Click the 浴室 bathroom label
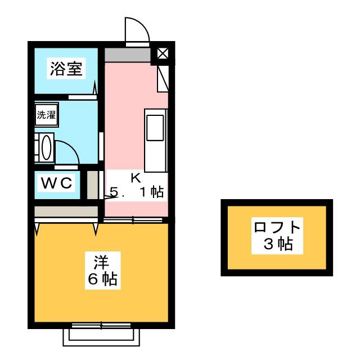(x=66, y=69)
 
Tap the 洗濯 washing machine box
(x=46, y=116)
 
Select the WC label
(x=56, y=183)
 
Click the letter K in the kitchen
(x=136, y=178)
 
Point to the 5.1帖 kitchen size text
(x=137, y=193)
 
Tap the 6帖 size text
(x=101, y=278)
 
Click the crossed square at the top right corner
(x=163, y=55)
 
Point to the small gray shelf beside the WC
(x=92, y=185)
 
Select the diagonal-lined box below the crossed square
(x=163, y=78)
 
